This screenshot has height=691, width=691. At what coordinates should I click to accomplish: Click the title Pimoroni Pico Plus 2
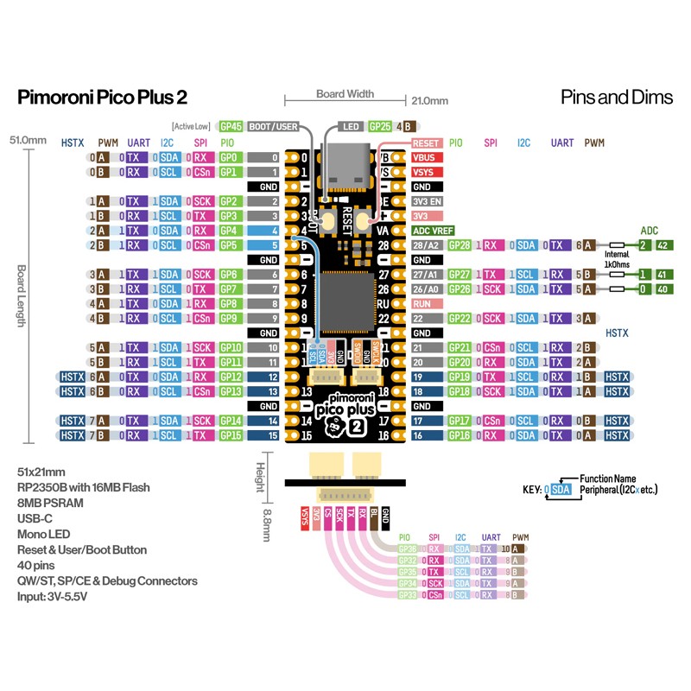pos(102,98)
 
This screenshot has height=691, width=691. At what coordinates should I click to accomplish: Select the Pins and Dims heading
pos(616,97)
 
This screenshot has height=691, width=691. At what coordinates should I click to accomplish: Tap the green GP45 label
pos(231,126)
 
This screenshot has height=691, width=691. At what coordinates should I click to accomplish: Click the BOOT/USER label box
pos(274,126)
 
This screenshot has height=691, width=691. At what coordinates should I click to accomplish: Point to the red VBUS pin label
pos(427,158)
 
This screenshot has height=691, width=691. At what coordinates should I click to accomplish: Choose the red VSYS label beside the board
pos(427,172)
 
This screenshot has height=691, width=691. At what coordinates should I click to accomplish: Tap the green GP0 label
pos(229,158)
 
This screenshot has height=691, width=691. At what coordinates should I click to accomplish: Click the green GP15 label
pos(230,435)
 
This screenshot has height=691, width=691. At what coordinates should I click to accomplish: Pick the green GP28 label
pos(460,245)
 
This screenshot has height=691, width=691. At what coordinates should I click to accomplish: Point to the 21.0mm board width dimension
pos(429,101)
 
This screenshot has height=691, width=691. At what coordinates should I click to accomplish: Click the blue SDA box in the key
pos(561,490)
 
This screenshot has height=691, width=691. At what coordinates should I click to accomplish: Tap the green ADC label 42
pos(662,245)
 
